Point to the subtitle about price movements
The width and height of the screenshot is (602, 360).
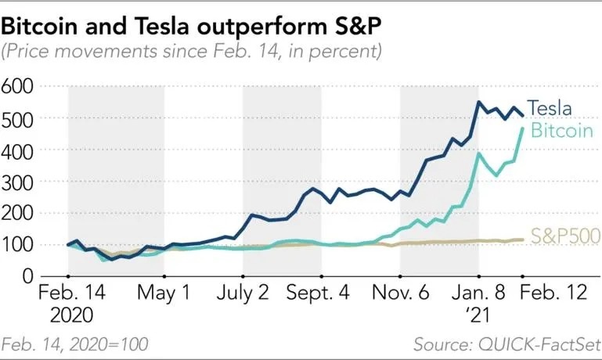click(x=192, y=52)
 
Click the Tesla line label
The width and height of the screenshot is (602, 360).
click(x=549, y=108)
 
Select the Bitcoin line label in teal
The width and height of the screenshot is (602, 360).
click(x=561, y=131)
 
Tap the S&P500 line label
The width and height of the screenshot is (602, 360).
click(x=564, y=235)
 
